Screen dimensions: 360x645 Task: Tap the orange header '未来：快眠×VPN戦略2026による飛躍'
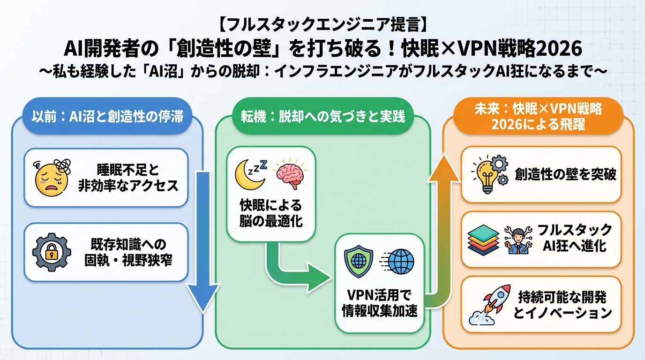click(x=538, y=117)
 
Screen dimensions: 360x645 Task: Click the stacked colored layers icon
click(x=484, y=238)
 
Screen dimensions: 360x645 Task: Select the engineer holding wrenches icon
click(x=517, y=239)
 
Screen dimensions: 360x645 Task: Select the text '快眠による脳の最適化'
click(x=271, y=213)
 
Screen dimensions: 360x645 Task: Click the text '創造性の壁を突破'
click(x=565, y=175)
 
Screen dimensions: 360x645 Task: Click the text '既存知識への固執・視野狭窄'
click(x=128, y=252)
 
